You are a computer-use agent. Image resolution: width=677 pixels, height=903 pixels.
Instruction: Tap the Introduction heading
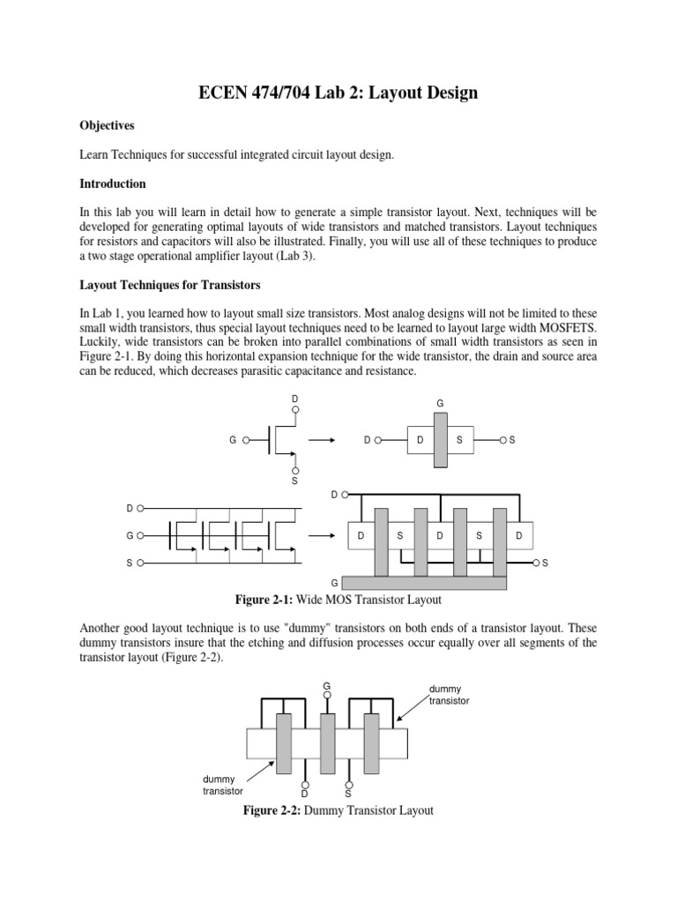112,184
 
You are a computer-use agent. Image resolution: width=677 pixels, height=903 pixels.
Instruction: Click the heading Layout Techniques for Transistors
167,286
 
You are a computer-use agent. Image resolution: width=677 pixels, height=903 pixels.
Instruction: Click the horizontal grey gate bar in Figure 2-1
424,583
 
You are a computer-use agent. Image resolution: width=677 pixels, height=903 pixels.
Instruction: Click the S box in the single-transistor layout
458,439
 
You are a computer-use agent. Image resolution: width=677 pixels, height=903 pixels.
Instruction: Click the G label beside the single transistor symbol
232,439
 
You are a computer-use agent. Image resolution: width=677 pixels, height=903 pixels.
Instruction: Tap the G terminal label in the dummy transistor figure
326,685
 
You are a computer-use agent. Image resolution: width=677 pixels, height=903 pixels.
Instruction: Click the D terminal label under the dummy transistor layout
305,793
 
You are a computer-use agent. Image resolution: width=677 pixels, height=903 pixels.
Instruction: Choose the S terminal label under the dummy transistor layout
348,793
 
